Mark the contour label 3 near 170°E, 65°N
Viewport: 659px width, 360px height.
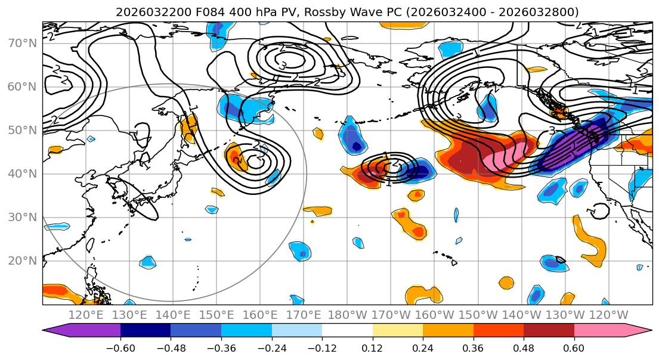[x=283, y=65]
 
